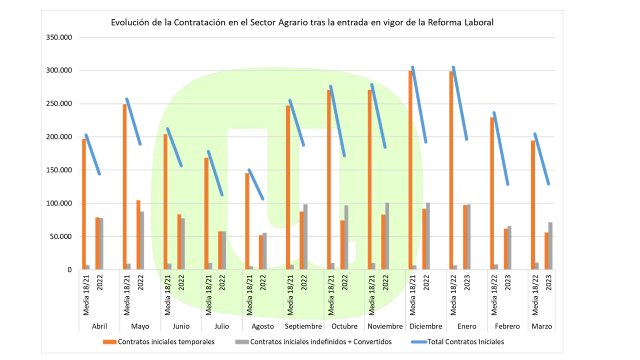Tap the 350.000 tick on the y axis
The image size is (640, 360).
tap(59, 37)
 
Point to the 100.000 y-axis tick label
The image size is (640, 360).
tap(59, 203)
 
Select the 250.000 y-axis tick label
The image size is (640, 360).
tap(59, 104)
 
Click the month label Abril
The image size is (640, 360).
tap(99, 325)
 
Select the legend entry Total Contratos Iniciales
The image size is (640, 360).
tap(459, 342)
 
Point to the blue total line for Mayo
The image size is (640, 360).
tap(133, 122)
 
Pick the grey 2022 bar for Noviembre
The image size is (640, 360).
tap(387, 236)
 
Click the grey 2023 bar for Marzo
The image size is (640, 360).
tap(550, 246)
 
